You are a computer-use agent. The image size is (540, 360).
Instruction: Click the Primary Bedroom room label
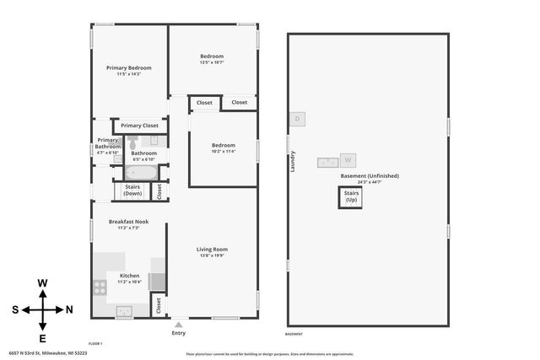(128, 67)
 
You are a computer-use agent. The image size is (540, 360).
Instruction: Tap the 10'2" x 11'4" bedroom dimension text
(223, 152)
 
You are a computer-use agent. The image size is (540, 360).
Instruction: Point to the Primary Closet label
(139, 126)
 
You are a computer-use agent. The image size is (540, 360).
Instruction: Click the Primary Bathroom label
(107, 143)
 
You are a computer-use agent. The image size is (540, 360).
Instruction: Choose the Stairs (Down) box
(132, 191)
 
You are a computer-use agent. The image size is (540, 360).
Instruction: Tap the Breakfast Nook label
(128, 222)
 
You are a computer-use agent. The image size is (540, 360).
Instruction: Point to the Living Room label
(213, 249)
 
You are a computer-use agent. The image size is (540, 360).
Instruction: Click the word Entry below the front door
(178, 333)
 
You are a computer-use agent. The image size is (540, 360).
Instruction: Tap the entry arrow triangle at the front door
(178, 322)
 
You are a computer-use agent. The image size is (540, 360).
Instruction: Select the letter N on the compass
(69, 310)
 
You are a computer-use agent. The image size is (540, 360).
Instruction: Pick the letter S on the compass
(15, 310)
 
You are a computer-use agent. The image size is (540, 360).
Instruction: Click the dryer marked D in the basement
(297, 119)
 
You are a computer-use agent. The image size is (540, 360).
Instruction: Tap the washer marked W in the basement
(347, 159)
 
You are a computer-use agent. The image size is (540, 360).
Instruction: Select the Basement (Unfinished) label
(370, 175)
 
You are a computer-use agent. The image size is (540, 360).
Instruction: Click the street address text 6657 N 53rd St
(47, 353)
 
